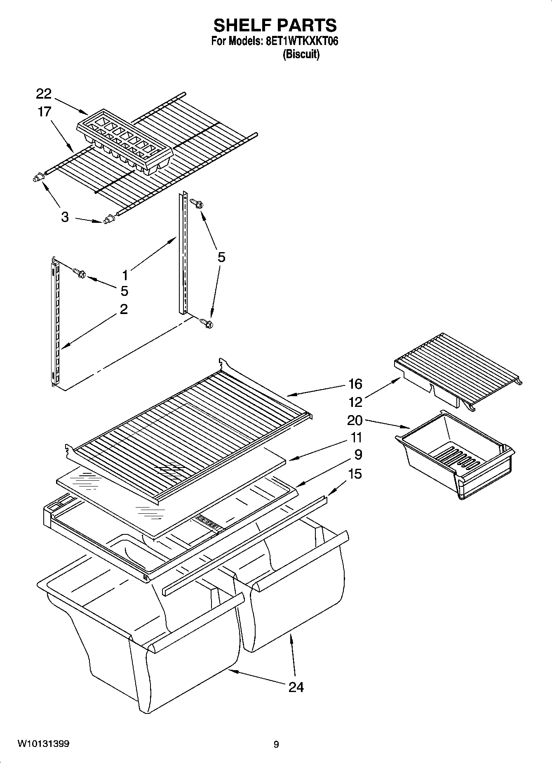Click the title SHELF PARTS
[x=275, y=26]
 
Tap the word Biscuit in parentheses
[x=301, y=54]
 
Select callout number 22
[x=43, y=94]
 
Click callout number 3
[x=65, y=217]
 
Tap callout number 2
[x=123, y=309]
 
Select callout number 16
[x=355, y=384]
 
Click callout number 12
[x=355, y=402]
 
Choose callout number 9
[x=358, y=454]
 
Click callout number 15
[x=355, y=473]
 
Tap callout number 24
[x=296, y=687]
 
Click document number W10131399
[x=43, y=744]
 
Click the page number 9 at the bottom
[x=276, y=744]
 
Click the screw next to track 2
[x=79, y=272]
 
